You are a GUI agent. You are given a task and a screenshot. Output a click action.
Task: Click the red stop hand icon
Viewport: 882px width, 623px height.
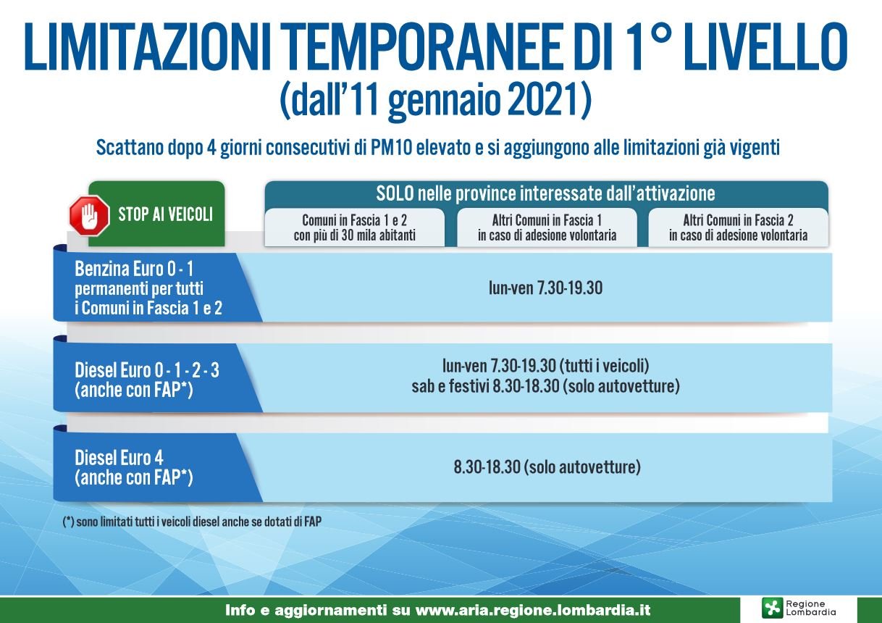point(89,216)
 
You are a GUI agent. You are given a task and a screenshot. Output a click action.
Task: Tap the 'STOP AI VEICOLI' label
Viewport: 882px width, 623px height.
point(165,214)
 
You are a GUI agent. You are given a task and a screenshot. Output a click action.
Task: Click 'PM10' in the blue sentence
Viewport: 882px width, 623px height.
point(391,148)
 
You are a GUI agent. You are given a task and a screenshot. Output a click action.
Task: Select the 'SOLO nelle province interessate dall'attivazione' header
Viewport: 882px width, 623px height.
point(545,193)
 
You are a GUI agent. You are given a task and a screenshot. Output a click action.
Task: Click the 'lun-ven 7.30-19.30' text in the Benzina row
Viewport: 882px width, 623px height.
point(545,288)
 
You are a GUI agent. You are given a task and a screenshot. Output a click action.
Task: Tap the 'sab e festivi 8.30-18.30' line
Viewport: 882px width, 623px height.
point(485,386)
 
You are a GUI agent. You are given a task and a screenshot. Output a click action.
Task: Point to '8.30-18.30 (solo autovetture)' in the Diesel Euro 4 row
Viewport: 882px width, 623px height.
point(547,467)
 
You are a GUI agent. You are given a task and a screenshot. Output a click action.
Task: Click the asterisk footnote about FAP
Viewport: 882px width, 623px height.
point(192,522)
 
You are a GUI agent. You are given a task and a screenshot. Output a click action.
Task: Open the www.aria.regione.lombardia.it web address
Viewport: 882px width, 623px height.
point(533,610)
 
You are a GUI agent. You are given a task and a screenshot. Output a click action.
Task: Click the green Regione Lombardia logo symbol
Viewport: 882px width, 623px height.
point(772,608)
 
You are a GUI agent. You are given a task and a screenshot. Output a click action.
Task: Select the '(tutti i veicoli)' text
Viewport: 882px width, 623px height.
point(607,367)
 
